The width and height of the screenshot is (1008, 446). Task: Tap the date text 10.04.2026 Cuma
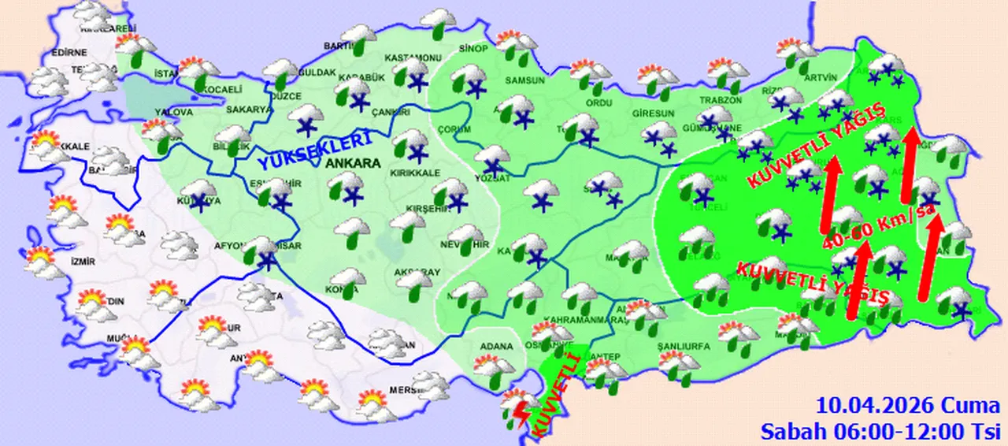tap(908, 407)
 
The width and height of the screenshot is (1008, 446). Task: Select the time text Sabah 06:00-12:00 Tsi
tap(880, 430)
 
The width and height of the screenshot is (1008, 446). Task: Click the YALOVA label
tap(174, 113)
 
